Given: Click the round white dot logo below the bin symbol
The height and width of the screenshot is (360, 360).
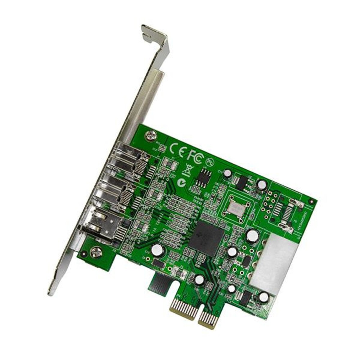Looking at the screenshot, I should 183,183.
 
